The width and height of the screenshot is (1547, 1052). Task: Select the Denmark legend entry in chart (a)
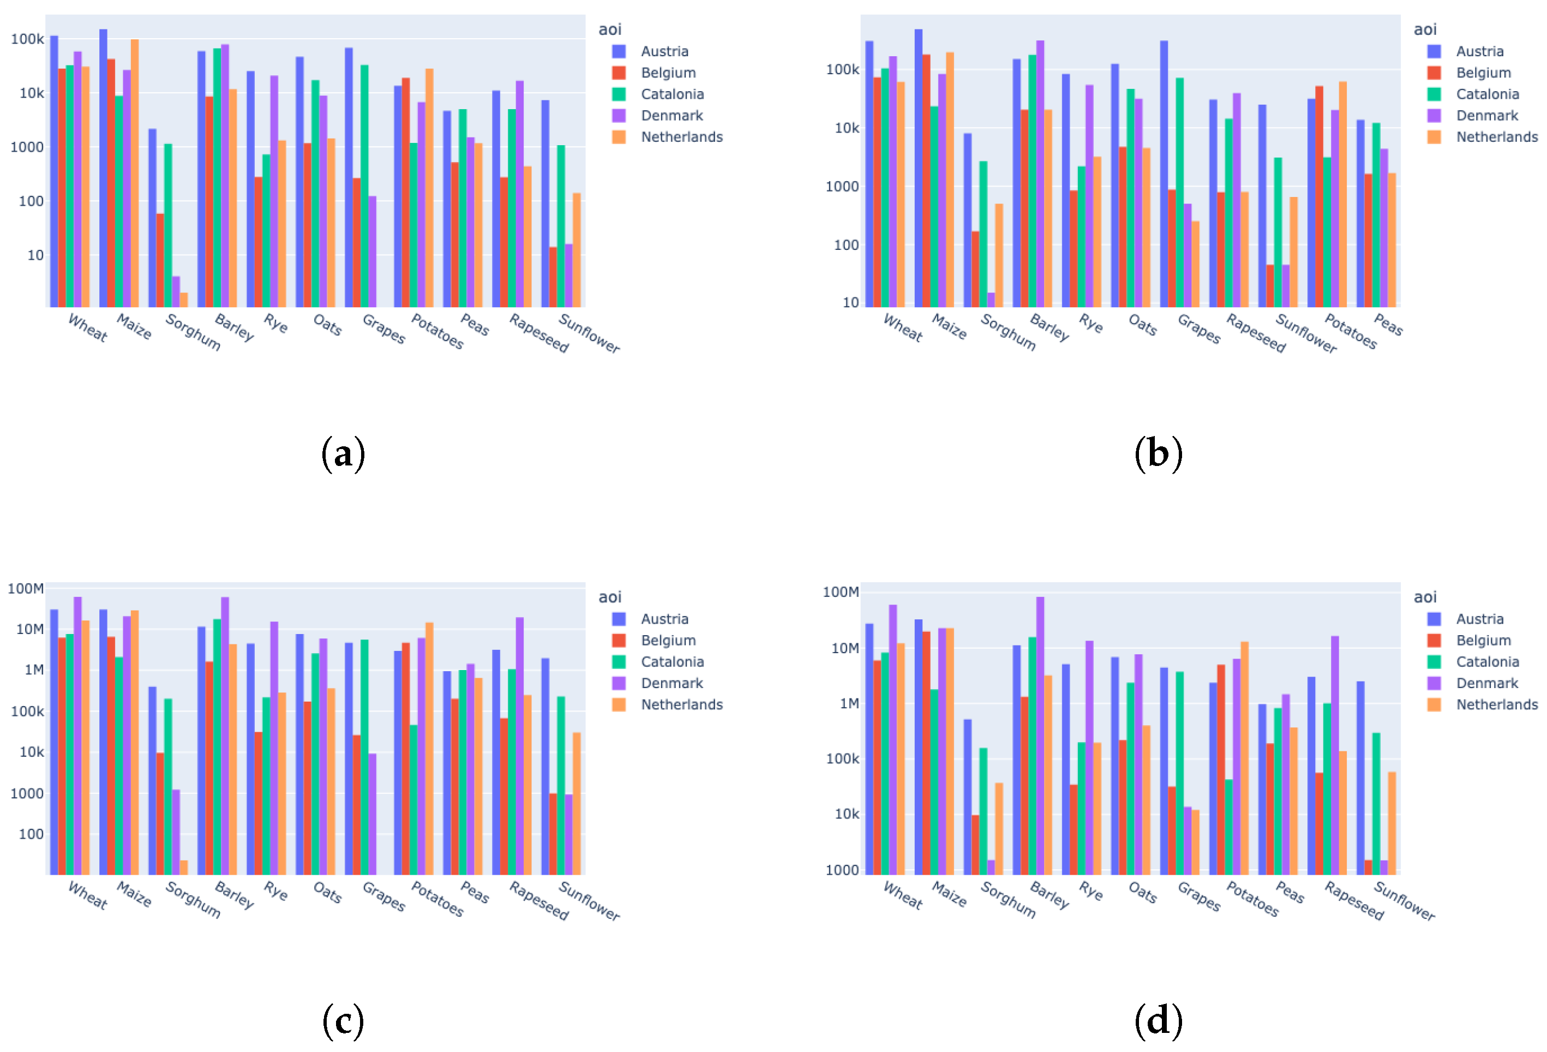pyautogui.click(x=671, y=115)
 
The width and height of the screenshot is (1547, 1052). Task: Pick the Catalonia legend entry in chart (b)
pyautogui.click(x=1487, y=94)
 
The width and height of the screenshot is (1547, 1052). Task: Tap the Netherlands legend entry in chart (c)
pyautogui.click(x=681, y=704)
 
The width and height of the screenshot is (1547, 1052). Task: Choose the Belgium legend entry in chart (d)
pyautogui.click(x=1483, y=640)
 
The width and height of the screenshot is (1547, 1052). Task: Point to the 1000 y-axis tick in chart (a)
pyautogui.click(x=27, y=147)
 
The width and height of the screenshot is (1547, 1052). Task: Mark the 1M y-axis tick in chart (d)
pyautogui.click(x=849, y=703)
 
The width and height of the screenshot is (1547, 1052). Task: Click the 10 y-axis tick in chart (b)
pyautogui.click(x=851, y=302)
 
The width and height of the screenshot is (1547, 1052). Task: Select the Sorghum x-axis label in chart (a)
pyautogui.click(x=193, y=332)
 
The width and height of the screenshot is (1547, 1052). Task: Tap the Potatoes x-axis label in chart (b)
pyautogui.click(x=1351, y=331)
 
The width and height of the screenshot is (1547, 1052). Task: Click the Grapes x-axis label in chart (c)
pyautogui.click(x=383, y=896)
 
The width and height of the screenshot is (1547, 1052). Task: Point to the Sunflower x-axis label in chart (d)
pyautogui.click(x=1404, y=901)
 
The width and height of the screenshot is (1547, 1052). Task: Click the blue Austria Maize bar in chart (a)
pyautogui.click(x=103, y=166)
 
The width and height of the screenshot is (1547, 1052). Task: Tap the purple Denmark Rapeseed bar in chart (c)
pyautogui.click(x=519, y=746)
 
